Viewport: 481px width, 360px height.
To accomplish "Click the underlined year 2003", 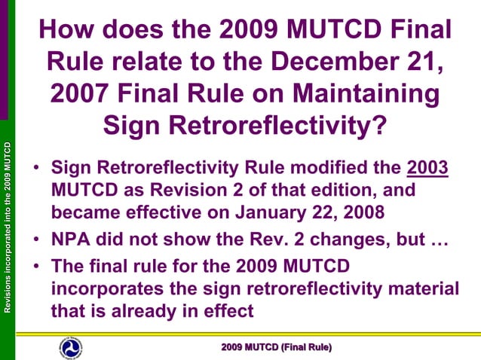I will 427,168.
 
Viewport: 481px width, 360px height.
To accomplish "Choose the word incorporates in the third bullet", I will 106,290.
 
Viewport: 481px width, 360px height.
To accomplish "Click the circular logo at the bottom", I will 72,346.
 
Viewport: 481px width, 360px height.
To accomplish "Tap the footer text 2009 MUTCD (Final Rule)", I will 276,346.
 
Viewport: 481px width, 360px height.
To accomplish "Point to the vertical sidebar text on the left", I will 8,226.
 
